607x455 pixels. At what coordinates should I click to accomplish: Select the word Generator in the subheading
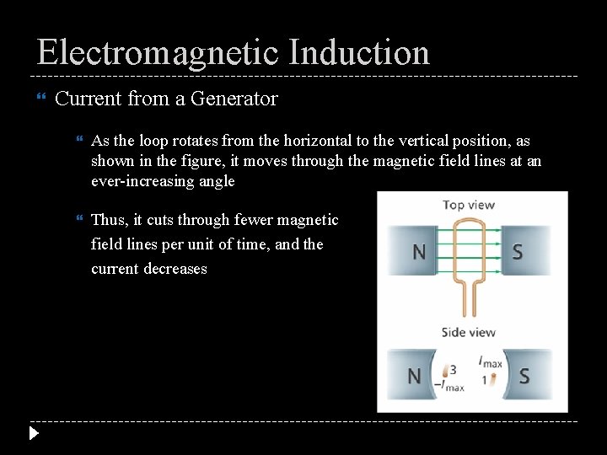pos(234,99)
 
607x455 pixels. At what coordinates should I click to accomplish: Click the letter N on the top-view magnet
pos(417,251)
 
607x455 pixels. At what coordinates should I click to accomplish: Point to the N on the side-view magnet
pos(414,376)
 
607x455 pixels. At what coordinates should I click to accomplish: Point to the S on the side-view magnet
pos(524,376)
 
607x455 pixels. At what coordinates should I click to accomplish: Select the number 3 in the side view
pos(454,370)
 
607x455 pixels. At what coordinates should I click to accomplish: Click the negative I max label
pos(449,387)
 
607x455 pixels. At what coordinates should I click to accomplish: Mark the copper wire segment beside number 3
pos(444,372)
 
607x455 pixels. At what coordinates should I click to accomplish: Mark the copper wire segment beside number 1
pos(492,379)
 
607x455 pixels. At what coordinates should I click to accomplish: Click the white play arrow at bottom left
pos(33,434)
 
